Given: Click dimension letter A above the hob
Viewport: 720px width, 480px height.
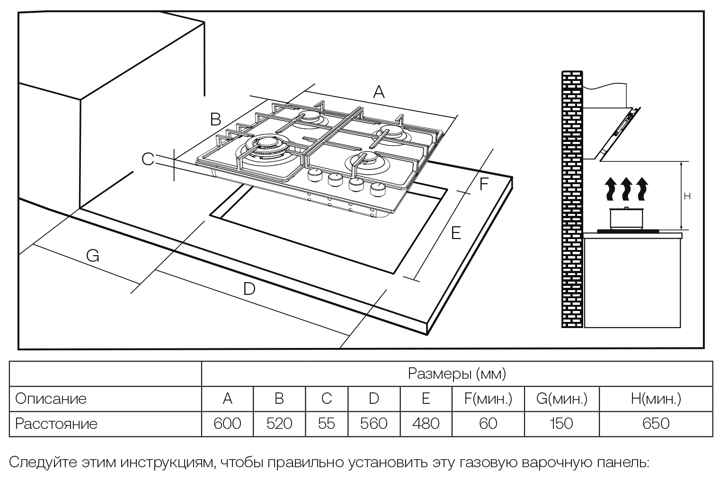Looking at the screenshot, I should pyautogui.click(x=378, y=92).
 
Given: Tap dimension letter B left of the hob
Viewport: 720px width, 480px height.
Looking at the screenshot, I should pyautogui.click(x=215, y=119).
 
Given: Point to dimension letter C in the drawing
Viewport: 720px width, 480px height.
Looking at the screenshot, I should pyautogui.click(x=148, y=160).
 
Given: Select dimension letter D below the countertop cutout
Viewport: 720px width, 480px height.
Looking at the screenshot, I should pyautogui.click(x=249, y=289).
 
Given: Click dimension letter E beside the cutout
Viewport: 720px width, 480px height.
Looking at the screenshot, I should pyautogui.click(x=456, y=233).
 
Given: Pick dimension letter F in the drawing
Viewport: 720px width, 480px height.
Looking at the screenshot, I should pyautogui.click(x=483, y=184).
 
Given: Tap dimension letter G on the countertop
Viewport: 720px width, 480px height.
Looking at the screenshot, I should pyautogui.click(x=93, y=256).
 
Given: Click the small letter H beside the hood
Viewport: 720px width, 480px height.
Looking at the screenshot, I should pyautogui.click(x=687, y=196).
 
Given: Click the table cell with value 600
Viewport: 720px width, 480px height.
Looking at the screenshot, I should pyautogui.click(x=227, y=423).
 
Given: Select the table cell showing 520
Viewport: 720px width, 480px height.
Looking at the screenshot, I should pyautogui.click(x=279, y=423).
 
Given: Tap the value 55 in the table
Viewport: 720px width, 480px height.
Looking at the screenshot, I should pyautogui.click(x=327, y=423).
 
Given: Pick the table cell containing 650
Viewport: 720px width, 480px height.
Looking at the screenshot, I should pyautogui.click(x=656, y=423).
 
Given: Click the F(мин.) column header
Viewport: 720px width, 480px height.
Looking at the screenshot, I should pyautogui.click(x=488, y=399).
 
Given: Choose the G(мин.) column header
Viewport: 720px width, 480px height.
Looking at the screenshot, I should pyautogui.click(x=561, y=399).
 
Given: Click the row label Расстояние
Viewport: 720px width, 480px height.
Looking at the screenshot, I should pyautogui.click(x=56, y=423).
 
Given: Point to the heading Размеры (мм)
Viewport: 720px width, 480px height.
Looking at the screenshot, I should pyautogui.click(x=457, y=373).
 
